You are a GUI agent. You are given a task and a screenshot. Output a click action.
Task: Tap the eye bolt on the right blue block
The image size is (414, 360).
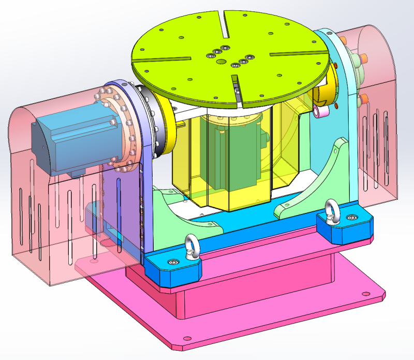coord(331,210)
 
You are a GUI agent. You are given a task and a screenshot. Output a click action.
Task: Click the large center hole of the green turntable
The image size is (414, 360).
coord(221,62)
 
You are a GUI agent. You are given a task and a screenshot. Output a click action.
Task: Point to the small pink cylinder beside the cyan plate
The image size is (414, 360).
coord(321,111)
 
